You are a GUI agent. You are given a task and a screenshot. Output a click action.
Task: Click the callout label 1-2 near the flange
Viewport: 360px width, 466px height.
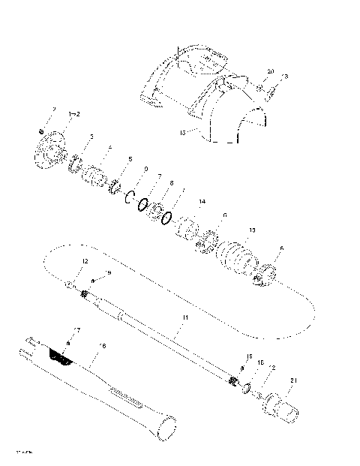[75, 113]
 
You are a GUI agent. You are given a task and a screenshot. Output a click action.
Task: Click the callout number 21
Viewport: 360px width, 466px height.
[293, 380]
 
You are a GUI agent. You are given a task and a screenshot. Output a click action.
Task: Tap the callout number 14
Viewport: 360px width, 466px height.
[201, 202]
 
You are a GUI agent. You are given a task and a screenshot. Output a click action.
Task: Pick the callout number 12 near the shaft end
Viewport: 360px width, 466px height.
[85, 260]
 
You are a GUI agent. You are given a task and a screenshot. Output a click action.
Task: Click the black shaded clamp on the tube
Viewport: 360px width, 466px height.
[61, 356]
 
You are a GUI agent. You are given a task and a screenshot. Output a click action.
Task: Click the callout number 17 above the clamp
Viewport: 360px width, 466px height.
[77, 329]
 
